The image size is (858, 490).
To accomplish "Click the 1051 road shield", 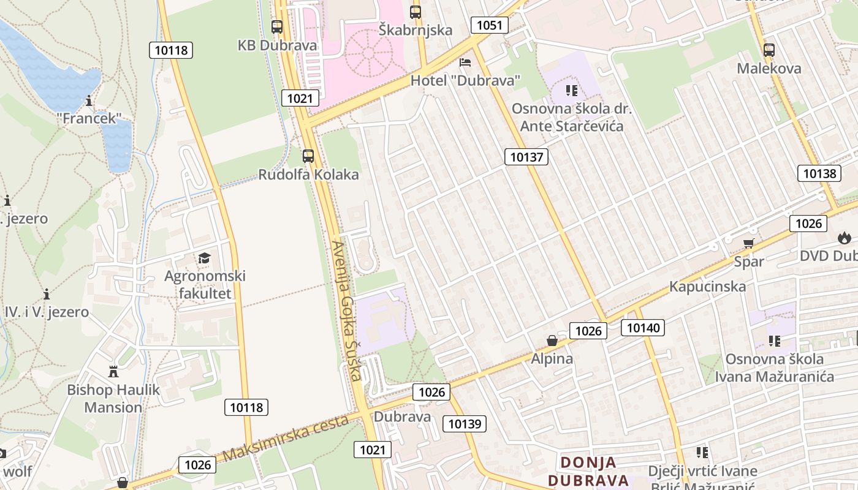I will pyautogui.click(x=490, y=25).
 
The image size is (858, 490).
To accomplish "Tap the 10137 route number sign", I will pyautogui.click(x=527, y=157).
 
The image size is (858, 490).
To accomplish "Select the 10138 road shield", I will pyautogui.click(x=819, y=173).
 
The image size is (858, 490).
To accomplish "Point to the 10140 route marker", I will pyautogui.click(x=643, y=328).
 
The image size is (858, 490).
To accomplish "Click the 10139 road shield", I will pyautogui.click(x=466, y=423).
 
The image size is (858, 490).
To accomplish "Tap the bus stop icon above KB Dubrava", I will pyautogui.click(x=277, y=27).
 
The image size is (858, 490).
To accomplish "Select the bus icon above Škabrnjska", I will pyautogui.click(x=416, y=12).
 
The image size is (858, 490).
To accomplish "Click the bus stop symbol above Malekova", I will pyautogui.click(x=769, y=50).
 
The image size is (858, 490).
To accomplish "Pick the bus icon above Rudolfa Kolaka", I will pyautogui.click(x=308, y=156).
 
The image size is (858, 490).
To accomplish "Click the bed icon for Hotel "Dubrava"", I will pyautogui.click(x=465, y=62).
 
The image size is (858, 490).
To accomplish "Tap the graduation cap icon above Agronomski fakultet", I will pyautogui.click(x=204, y=258).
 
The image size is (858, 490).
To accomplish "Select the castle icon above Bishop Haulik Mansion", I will pyautogui.click(x=113, y=371).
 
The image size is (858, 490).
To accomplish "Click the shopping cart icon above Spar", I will pyautogui.click(x=748, y=244).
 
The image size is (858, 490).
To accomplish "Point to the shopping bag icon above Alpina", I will pyautogui.click(x=552, y=341).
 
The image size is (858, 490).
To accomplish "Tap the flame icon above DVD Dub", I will pyautogui.click(x=845, y=238).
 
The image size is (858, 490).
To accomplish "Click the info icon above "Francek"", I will pyautogui.click(x=89, y=100).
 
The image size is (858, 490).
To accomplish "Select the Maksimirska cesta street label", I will pyautogui.click(x=286, y=437).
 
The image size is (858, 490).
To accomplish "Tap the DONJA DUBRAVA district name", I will pyautogui.click(x=588, y=471).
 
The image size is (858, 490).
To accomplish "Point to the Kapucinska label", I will pyautogui.click(x=707, y=286).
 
